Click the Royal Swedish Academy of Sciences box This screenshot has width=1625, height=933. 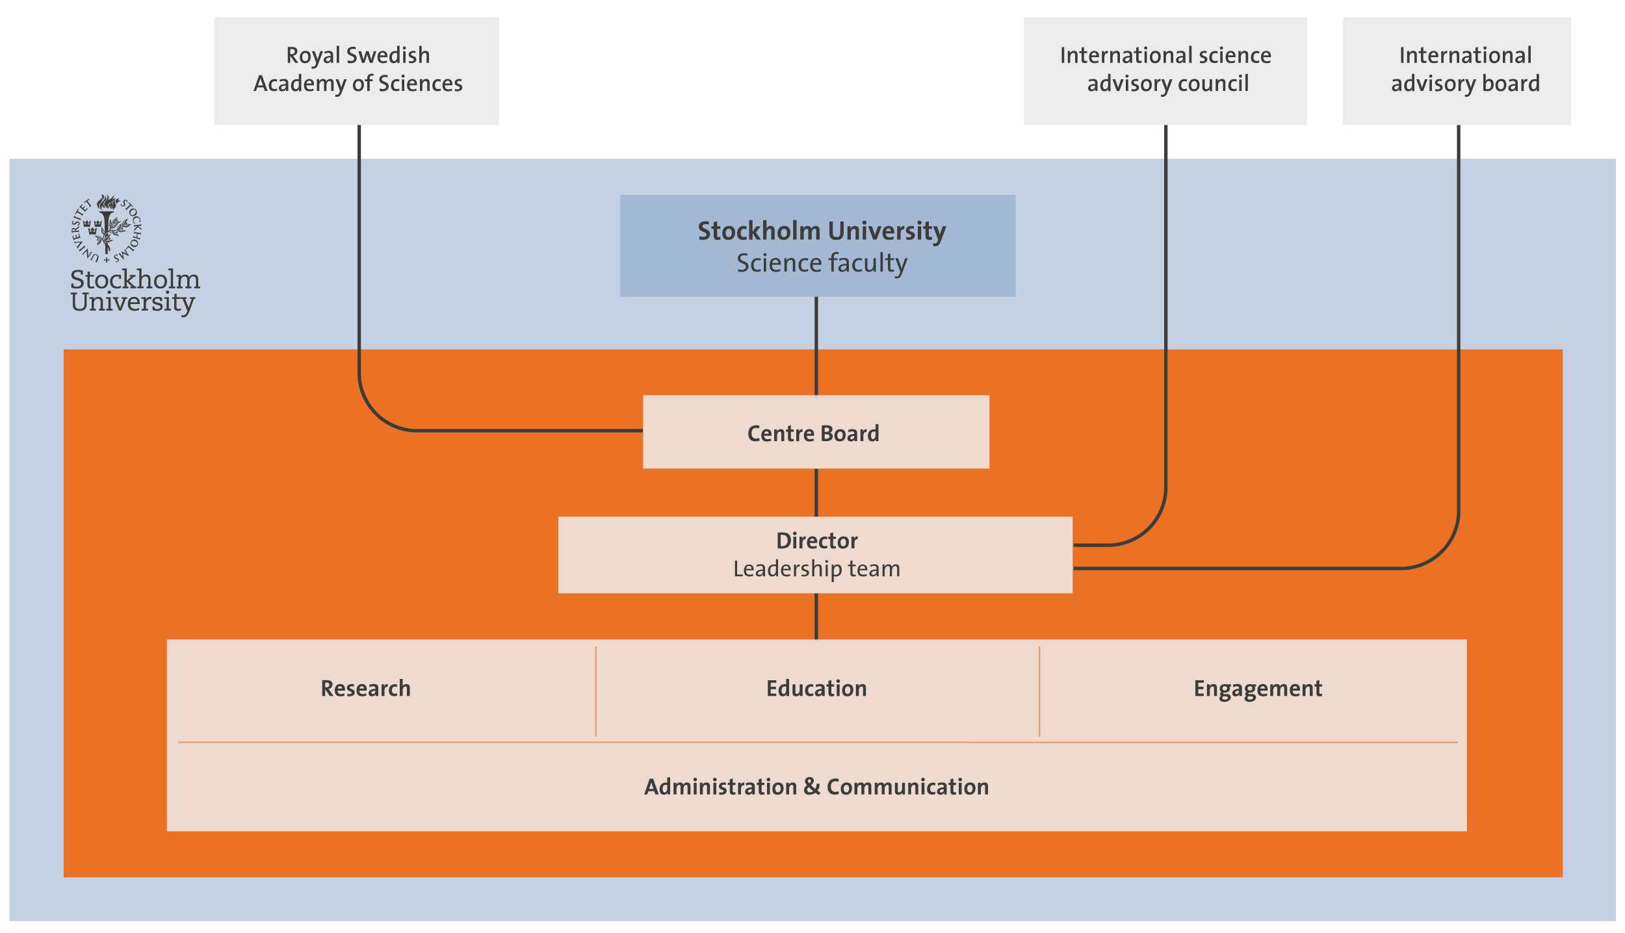[356, 70]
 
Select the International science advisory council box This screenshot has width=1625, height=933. [1165, 70]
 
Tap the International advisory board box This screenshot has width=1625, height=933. [1457, 70]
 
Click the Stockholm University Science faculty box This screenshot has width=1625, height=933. [817, 246]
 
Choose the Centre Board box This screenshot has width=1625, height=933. [816, 432]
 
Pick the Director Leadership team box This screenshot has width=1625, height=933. [815, 554]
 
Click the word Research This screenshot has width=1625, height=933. [365, 689]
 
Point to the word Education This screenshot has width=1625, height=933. [816, 689]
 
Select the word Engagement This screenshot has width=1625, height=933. [1258, 689]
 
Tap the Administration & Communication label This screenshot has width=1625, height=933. [816, 787]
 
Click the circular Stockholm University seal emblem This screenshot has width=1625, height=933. [107, 229]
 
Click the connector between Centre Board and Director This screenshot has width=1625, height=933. [816, 492]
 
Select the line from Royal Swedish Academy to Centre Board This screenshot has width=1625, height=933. [359, 260]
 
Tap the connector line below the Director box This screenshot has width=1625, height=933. [816, 616]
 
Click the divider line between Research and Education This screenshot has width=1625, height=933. [595, 691]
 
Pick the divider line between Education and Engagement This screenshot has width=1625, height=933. [1039, 691]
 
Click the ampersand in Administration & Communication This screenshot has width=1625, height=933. [812, 787]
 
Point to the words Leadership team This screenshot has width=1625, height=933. [816, 569]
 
